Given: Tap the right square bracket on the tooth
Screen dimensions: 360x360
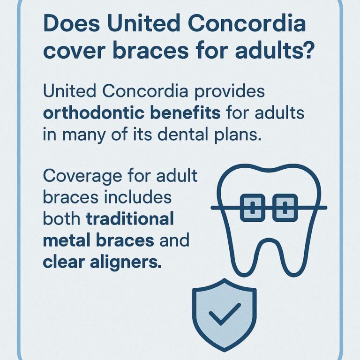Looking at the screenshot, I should pos(285,207).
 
